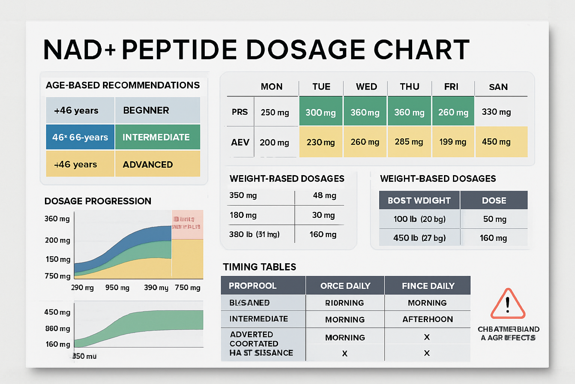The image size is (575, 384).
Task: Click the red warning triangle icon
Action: click(508, 304)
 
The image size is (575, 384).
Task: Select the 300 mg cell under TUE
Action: click(320, 112)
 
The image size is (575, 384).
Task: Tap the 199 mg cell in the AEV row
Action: click(453, 142)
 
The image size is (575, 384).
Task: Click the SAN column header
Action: click(498, 87)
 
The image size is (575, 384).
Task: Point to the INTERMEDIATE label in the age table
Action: click(156, 137)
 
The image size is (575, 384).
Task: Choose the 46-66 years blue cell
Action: click(80, 137)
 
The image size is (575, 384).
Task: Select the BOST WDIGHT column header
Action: click(419, 201)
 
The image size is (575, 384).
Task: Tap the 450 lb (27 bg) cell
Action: click(419, 238)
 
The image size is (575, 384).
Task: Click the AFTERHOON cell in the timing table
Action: click(428, 319)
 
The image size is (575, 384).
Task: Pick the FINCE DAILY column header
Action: click(428, 286)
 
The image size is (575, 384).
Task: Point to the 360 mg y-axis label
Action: click(57, 219)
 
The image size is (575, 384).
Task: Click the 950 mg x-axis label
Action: click(117, 288)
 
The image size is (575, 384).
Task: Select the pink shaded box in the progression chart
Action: click(187, 224)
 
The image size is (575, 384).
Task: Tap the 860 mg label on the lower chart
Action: click(58, 328)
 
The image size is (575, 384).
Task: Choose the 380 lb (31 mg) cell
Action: click(254, 234)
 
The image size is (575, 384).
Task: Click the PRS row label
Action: click(240, 112)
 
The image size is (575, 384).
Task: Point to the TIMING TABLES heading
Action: click(259, 267)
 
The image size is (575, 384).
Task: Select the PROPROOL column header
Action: click(253, 286)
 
